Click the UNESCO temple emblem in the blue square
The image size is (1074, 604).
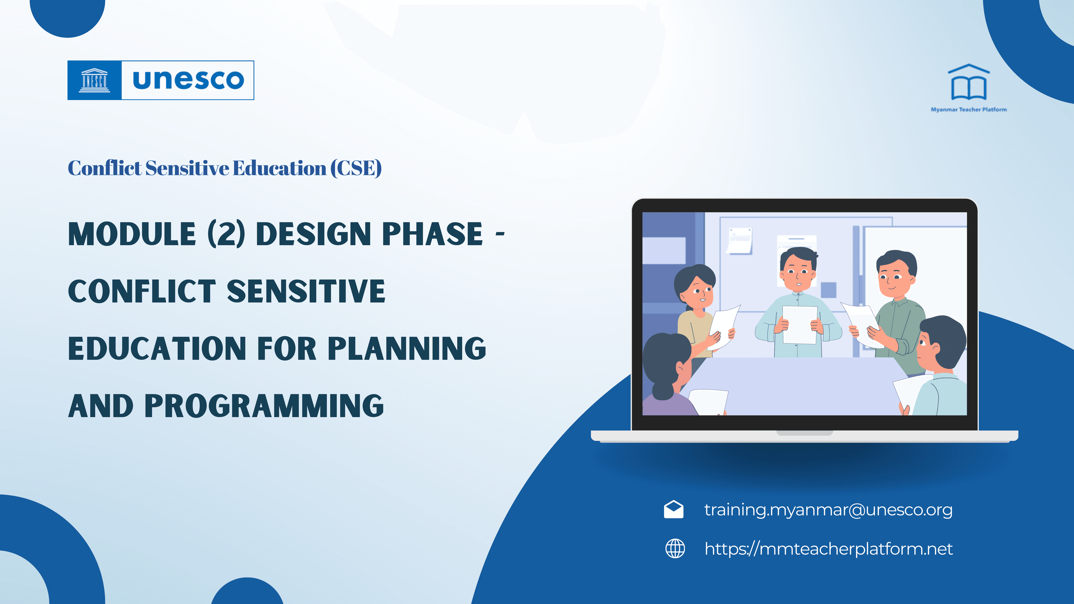[x=95, y=80]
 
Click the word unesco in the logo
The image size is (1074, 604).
[x=188, y=80]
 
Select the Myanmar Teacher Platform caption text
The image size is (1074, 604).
[x=969, y=110]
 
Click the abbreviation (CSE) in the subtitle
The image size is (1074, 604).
[x=356, y=168]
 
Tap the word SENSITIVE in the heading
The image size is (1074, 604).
[x=306, y=291]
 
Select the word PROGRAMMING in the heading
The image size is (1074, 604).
[x=264, y=406]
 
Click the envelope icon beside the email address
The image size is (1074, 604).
[x=673, y=510]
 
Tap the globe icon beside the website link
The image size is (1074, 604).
[x=675, y=549]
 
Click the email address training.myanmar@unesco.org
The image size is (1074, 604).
[x=828, y=510]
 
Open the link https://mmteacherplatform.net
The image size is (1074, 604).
[x=828, y=549]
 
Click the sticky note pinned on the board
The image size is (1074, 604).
[x=739, y=240]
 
